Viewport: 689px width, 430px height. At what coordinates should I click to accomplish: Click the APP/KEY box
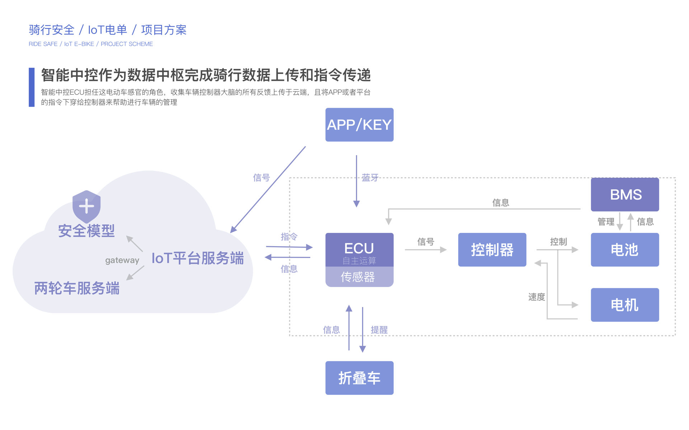pos(359,125)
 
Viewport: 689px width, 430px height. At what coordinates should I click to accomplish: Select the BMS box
pos(625,195)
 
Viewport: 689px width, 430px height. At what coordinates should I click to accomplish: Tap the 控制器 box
pos(492,250)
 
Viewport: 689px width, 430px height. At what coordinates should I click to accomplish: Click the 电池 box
pos(625,250)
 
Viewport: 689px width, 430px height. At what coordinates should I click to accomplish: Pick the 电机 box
pos(625,305)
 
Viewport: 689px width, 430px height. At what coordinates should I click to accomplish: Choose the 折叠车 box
pos(359,378)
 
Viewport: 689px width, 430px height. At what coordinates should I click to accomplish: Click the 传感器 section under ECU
pos(359,277)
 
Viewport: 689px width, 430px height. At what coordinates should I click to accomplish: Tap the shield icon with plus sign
pos(86,206)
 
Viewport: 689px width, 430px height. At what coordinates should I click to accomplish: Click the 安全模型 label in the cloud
pos(86,231)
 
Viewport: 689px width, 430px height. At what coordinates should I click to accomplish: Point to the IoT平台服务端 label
pos(197,258)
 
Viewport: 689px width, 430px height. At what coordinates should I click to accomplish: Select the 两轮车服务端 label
pos(77,288)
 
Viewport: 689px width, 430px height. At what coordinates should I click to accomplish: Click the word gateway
pos(122,261)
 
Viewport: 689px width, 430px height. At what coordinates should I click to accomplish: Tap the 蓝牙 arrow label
pos(370,178)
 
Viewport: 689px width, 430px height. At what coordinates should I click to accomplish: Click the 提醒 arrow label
pos(379,330)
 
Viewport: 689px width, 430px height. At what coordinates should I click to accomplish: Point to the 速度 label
pos(536,297)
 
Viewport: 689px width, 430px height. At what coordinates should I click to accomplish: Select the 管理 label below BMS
pos(606,222)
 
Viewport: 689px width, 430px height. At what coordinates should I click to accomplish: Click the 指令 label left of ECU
pos(289,237)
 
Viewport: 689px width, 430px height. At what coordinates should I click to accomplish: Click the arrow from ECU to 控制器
pos(426,250)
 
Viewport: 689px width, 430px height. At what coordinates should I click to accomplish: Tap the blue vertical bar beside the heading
pos(32,87)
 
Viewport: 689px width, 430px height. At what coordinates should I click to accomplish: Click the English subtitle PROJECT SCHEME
pos(127,44)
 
